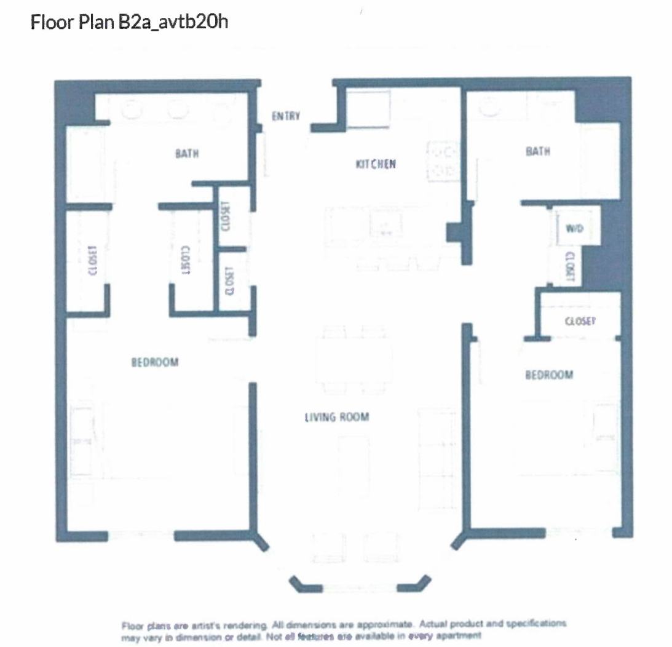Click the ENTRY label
pyautogui.click(x=286, y=116)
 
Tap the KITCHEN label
pyautogui.click(x=375, y=164)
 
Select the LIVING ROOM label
pyautogui.click(x=337, y=418)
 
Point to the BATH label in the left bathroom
pyautogui.click(x=187, y=154)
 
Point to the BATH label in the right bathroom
pyautogui.click(x=537, y=151)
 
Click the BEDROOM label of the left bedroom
pyautogui.click(x=155, y=362)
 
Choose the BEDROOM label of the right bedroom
pyautogui.click(x=548, y=375)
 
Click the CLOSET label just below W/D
pyautogui.click(x=569, y=266)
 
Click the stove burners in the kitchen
pyautogui.click(x=443, y=161)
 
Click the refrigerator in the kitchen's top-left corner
pyautogui.click(x=368, y=108)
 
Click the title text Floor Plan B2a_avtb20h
pyautogui.click(x=130, y=23)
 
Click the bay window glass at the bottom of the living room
pyautogui.click(x=359, y=588)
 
